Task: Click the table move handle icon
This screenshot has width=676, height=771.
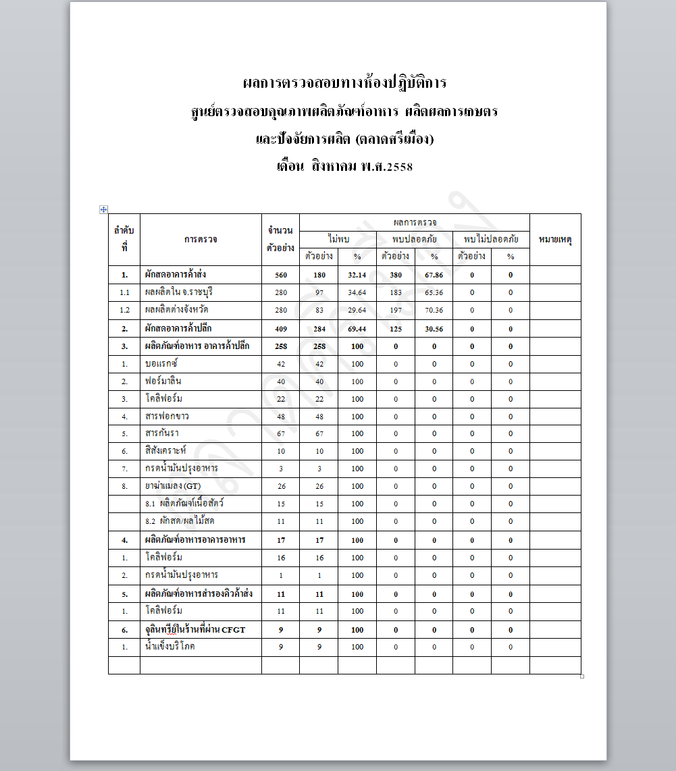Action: click(103, 209)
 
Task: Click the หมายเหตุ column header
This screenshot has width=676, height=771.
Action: click(555, 239)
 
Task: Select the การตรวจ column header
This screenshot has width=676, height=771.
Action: click(201, 239)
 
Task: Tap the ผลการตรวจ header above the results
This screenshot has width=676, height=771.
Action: click(414, 221)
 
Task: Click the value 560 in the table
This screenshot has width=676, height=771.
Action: click(280, 275)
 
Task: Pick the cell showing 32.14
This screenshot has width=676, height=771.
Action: click(357, 275)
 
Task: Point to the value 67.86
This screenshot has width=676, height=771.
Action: click(434, 275)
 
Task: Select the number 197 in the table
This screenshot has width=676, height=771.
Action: click(395, 310)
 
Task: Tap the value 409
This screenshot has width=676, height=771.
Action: click(280, 329)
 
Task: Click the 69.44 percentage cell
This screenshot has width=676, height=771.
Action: click(357, 329)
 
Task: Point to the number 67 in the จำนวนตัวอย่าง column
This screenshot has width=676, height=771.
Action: click(280, 433)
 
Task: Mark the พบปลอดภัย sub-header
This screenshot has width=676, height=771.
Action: click(414, 238)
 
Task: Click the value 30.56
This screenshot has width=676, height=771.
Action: click(434, 329)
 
